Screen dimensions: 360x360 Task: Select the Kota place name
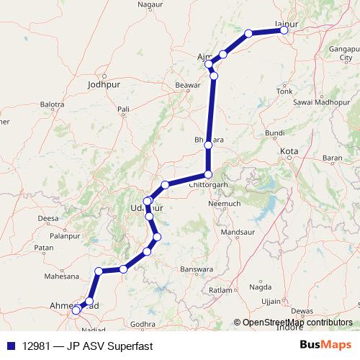coord(289,152)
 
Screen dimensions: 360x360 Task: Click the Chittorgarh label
coord(208,184)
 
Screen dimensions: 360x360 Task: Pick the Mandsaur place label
coord(238,233)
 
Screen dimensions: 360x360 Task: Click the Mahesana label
coord(61,276)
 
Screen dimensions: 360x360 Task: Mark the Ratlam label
coord(218,290)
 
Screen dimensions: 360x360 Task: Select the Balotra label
coord(53,104)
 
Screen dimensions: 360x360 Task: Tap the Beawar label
coord(186,85)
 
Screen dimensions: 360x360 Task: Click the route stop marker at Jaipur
coord(284,30)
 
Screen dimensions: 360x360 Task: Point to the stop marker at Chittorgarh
coord(208,174)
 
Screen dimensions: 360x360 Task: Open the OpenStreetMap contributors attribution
coord(297,324)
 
